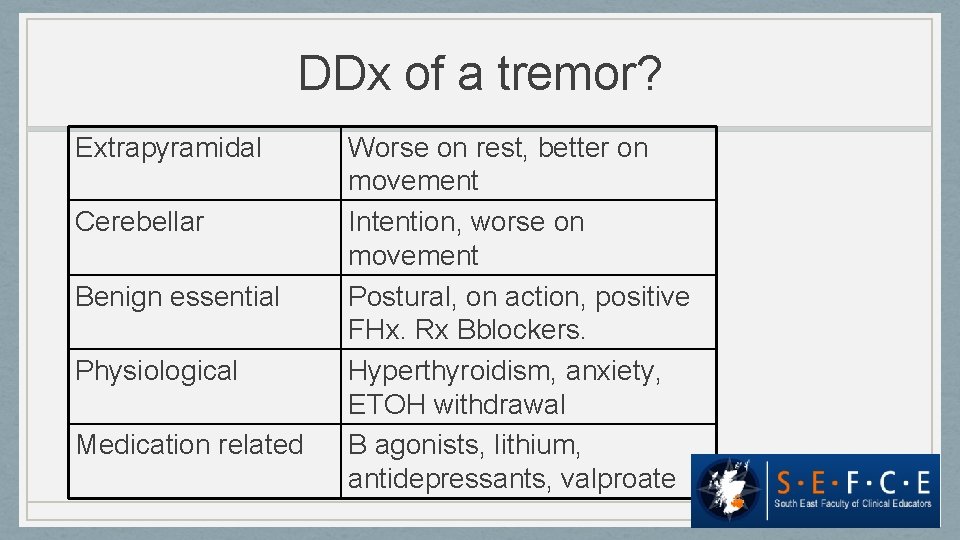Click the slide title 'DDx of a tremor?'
click(x=479, y=75)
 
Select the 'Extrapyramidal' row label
click(x=168, y=148)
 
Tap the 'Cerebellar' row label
click(x=139, y=222)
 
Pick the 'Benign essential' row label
click(x=177, y=297)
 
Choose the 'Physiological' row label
click(x=156, y=371)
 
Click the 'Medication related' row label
click(x=189, y=445)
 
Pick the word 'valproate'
click(x=618, y=479)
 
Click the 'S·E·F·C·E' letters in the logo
click(x=853, y=483)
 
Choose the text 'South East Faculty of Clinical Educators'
click(x=853, y=503)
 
